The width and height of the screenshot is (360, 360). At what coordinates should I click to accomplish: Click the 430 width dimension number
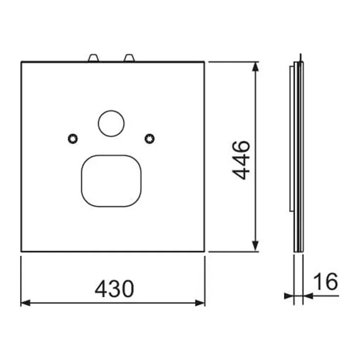coord(114,289)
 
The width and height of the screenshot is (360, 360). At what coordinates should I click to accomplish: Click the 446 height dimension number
coord(241,160)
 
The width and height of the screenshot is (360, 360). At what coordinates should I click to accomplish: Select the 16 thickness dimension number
coord(326,281)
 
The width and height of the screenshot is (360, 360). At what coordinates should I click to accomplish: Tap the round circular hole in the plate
coord(112,123)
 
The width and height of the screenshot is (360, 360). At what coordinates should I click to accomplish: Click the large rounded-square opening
coord(112,181)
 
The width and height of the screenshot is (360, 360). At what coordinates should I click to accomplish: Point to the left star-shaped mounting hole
coord(73,139)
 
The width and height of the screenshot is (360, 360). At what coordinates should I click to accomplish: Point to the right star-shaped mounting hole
coord(150,139)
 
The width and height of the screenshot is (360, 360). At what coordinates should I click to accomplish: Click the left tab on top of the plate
coord(94,58)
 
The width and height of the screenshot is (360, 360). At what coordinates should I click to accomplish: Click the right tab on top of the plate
coord(129,58)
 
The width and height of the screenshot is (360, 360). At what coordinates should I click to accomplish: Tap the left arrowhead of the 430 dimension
coord(25,303)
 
